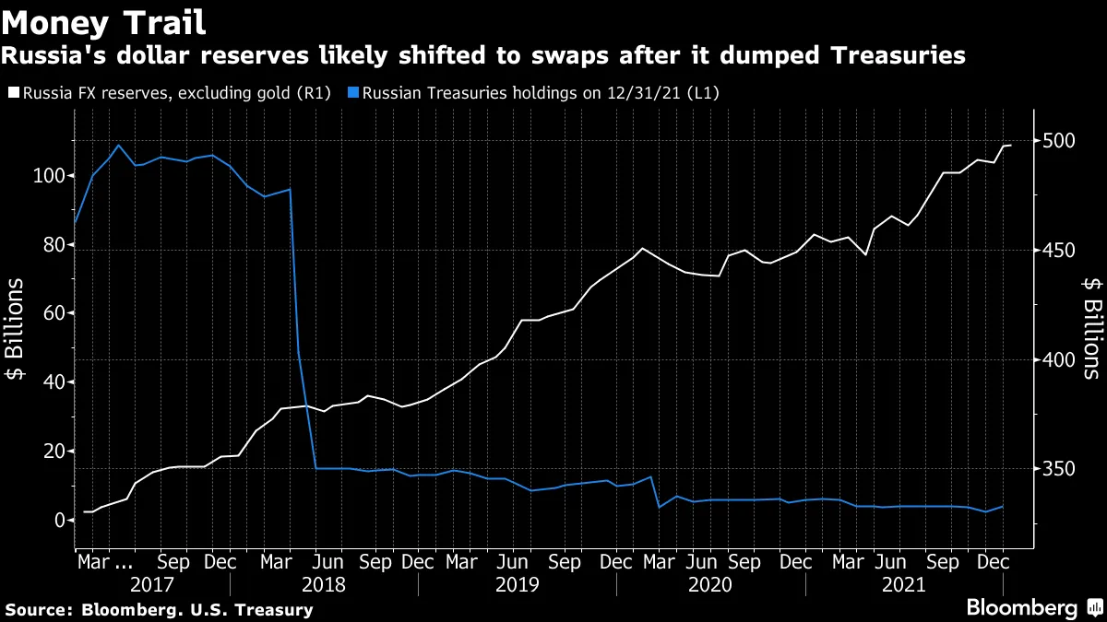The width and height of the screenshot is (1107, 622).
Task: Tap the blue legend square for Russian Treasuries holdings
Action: pyautogui.click(x=354, y=93)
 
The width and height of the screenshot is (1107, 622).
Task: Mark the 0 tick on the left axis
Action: pyautogui.click(x=57, y=521)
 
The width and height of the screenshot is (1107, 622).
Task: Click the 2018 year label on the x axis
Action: pyautogui.click(x=324, y=584)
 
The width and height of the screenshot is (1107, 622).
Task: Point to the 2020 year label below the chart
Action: pyautogui.click(x=709, y=584)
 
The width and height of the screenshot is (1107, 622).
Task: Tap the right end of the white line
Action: pyautogui.click(x=1011, y=146)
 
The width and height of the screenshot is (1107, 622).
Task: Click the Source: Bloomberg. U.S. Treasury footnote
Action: pyautogui.click(x=159, y=609)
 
